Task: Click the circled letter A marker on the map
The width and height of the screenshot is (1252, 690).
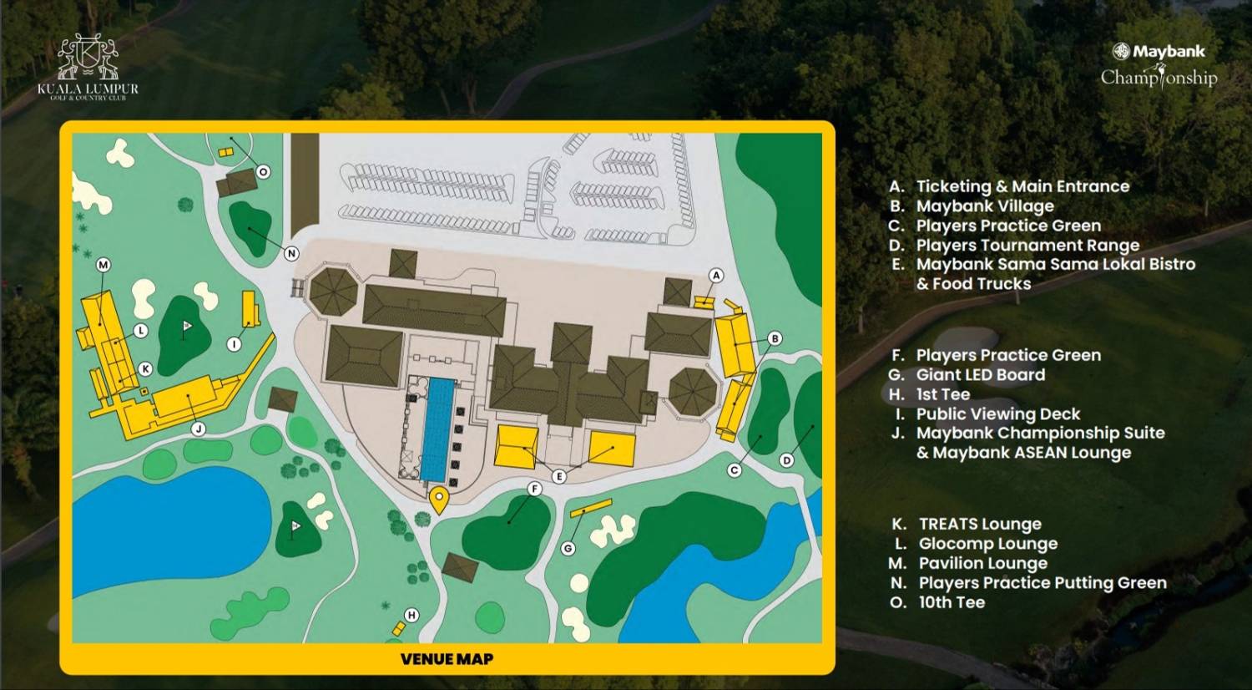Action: pos(715,276)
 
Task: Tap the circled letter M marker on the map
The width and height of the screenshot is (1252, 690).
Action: pos(103,265)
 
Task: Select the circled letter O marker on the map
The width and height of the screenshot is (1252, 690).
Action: pos(263,172)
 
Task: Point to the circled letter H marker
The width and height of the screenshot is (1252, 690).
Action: pos(411,615)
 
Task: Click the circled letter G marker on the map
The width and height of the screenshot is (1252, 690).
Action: pos(568,548)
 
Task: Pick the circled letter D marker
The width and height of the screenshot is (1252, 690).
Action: pos(786,460)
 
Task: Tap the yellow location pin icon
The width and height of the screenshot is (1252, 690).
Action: pos(439,500)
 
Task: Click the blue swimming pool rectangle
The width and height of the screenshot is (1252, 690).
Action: pos(437,429)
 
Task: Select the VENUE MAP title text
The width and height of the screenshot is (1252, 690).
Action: pos(447,659)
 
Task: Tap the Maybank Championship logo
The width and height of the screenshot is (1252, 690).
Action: pos(1159,65)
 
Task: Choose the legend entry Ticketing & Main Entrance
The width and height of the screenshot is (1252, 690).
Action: pos(1022,186)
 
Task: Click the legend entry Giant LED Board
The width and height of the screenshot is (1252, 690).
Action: pos(980,375)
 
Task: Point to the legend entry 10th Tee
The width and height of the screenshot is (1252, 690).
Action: pos(951,602)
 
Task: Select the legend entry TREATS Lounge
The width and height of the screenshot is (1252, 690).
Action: pos(979,524)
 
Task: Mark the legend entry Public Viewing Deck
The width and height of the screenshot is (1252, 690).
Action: pos(997,413)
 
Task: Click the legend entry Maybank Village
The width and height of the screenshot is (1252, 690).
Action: pos(984,206)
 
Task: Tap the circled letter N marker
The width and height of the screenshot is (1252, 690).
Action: pos(291,253)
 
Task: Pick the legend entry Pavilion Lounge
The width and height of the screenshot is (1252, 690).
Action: pos(982,563)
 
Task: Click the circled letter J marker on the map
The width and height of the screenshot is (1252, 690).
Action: pos(199,429)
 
